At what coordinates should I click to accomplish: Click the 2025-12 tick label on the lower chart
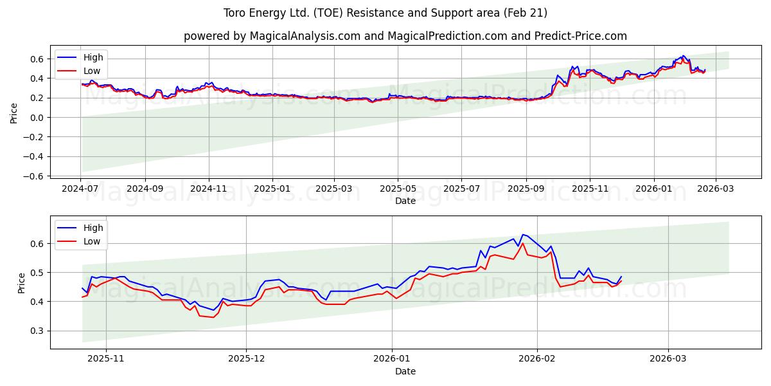[247, 360]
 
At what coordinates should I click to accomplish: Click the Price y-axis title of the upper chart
[14, 113]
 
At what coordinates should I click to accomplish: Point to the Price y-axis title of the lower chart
[22, 283]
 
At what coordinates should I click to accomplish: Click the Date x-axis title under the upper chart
[405, 201]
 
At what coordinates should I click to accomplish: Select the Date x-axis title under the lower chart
[405, 371]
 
